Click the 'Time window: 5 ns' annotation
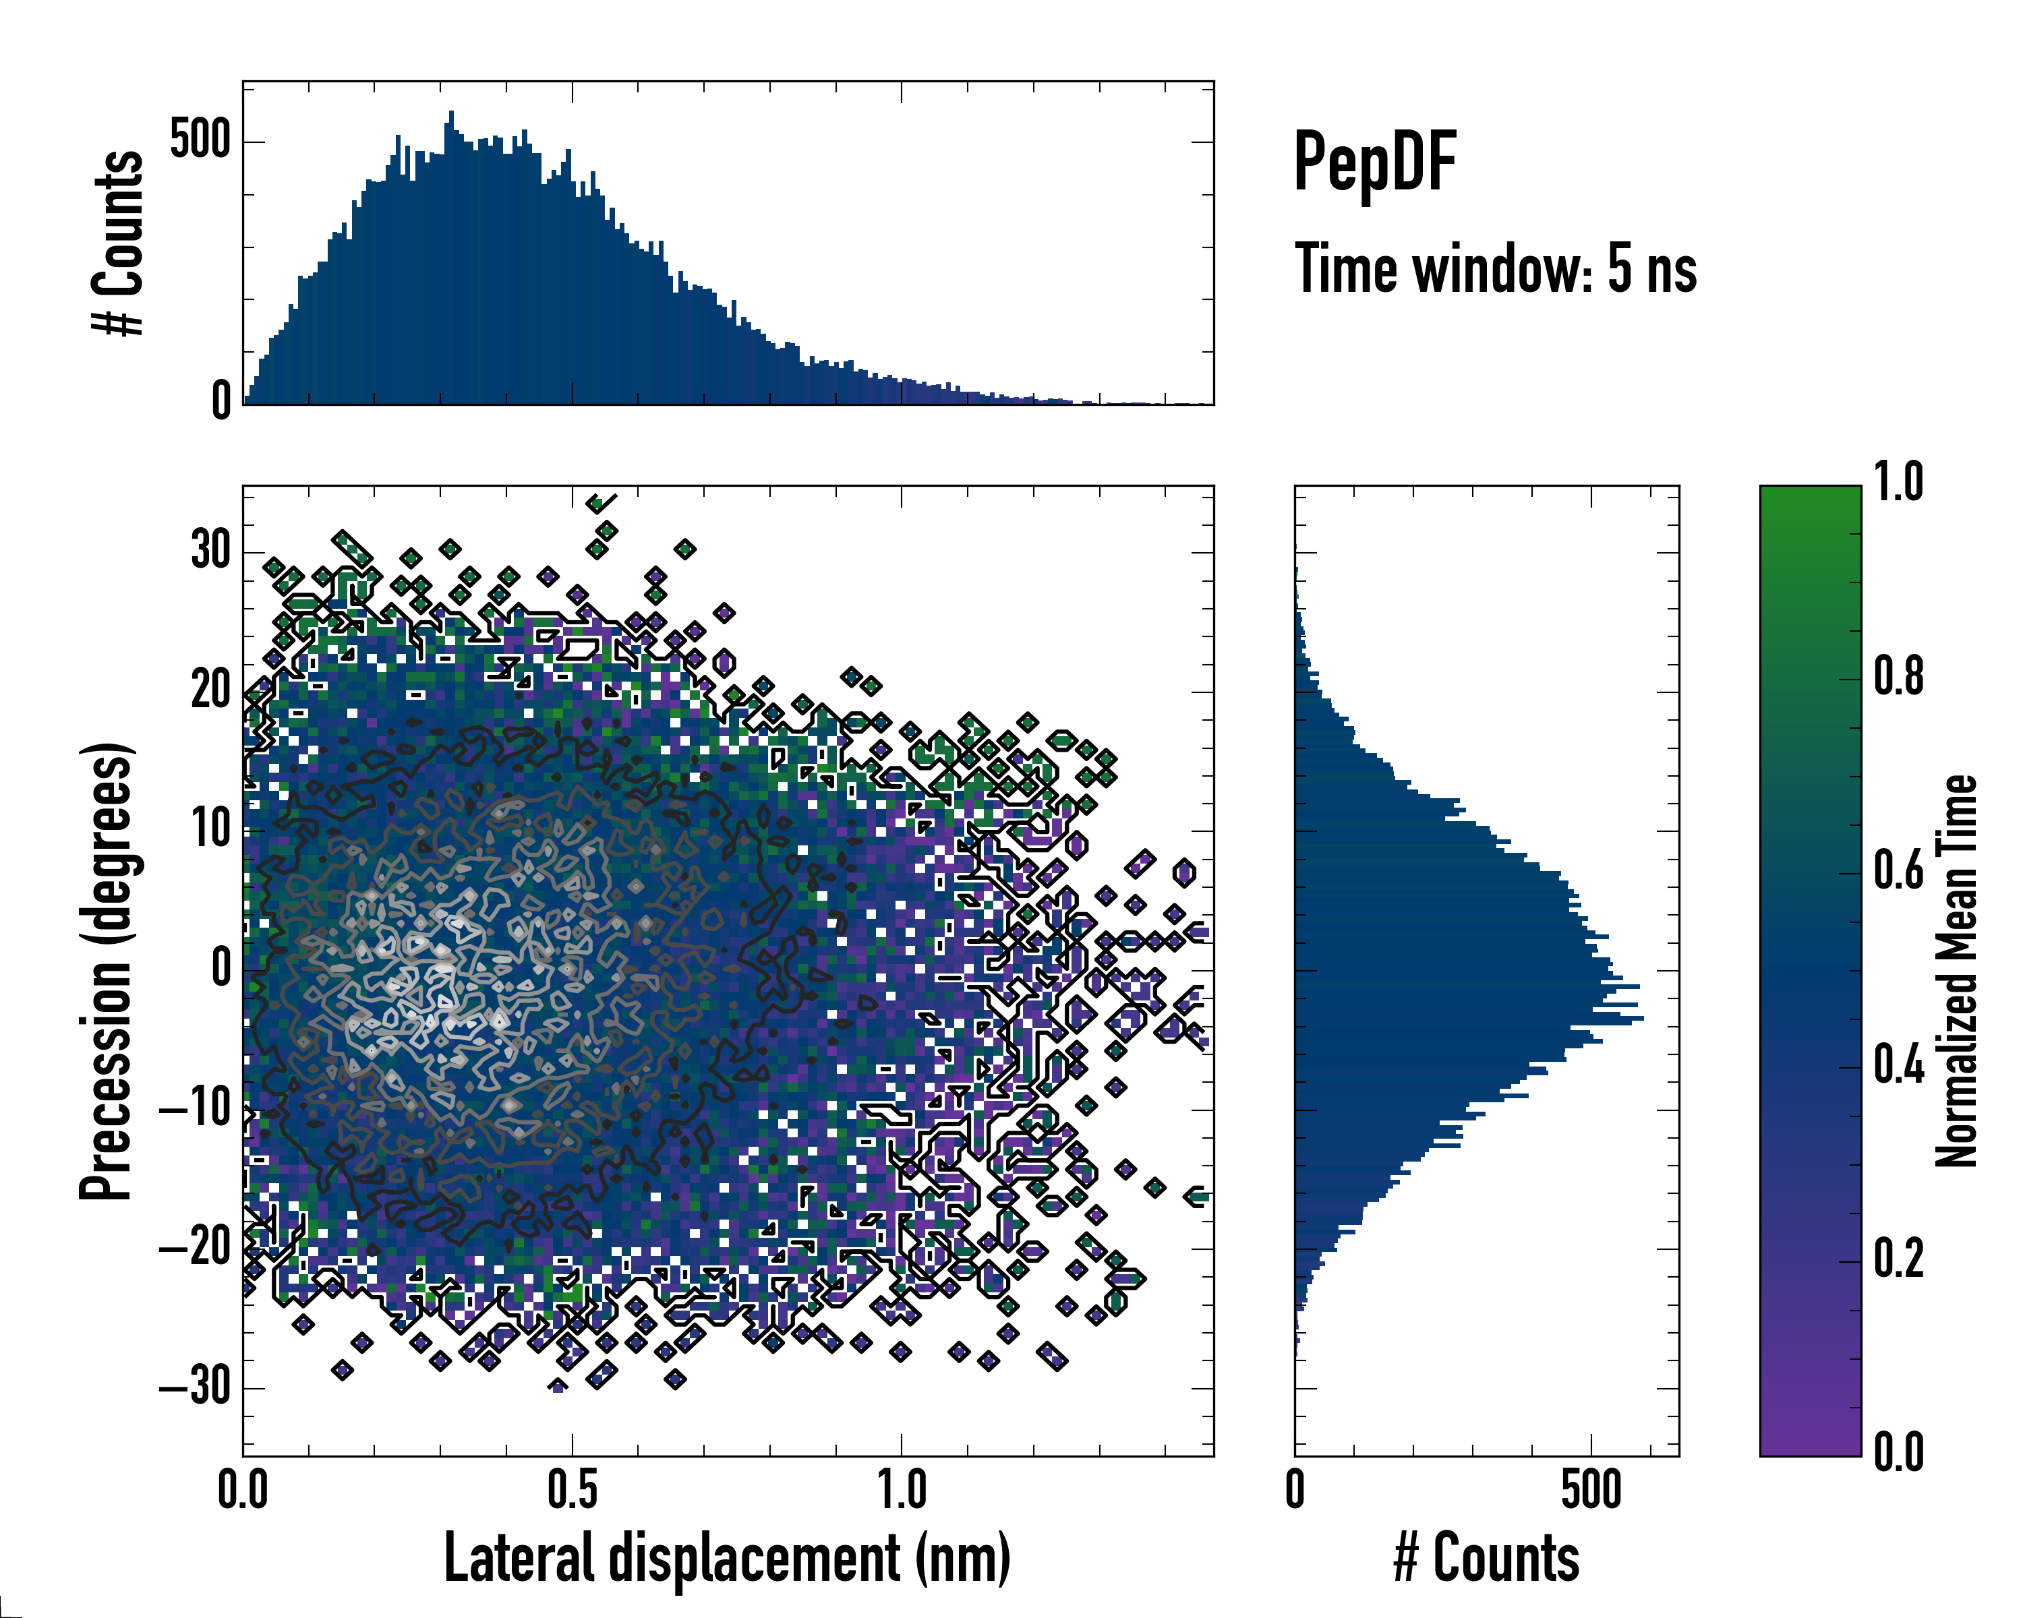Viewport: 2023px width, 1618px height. point(1496,269)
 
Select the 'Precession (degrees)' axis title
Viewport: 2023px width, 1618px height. point(106,971)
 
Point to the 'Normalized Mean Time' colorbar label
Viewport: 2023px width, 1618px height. point(1956,971)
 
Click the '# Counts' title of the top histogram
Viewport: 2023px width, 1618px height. point(118,243)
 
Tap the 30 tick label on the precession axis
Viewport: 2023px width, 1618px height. point(211,551)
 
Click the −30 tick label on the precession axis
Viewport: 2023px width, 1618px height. point(194,1385)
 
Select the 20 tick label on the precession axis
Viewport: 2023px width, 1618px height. point(211,690)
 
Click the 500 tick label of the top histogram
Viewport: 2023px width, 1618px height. point(200,142)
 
